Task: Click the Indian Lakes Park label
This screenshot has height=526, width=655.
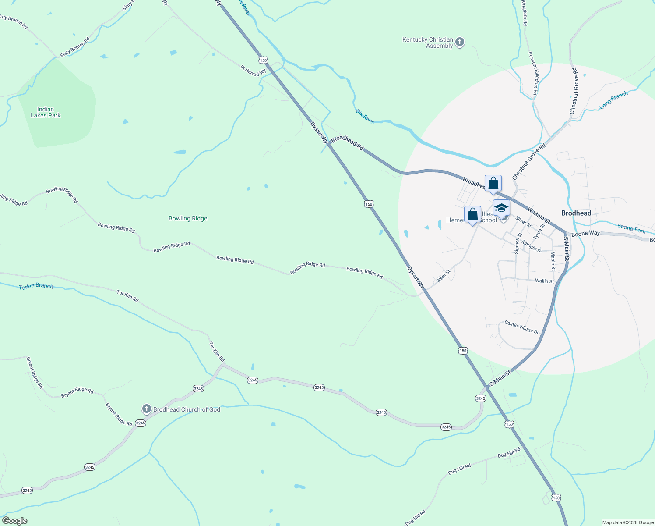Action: point(46,113)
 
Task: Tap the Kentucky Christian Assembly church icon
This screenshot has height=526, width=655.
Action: point(459,42)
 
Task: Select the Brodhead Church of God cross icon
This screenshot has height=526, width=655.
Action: point(146,409)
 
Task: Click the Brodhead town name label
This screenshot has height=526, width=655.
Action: point(576,213)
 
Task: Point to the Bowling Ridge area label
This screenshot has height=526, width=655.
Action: point(188,218)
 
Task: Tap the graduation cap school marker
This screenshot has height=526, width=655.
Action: point(501,208)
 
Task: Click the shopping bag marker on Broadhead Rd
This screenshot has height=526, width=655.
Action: point(493,183)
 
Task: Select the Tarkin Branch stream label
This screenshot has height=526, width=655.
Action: point(36,286)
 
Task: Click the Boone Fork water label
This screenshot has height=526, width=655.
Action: point(631,228)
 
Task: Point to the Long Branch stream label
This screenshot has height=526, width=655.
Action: point(613,100)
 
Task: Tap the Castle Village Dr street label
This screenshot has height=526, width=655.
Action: point(521,327)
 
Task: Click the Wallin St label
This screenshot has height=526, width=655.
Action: point(544,281)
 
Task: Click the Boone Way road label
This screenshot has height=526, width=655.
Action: point(585,234)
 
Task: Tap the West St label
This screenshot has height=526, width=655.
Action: point(443,276)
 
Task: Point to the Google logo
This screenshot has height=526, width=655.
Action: point(15,521)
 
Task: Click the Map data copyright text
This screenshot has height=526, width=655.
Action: point(628,522)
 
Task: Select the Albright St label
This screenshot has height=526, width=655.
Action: point(532,246)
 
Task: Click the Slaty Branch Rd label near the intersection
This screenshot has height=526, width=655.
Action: point(74,46)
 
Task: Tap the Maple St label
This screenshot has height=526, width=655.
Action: point(553,261)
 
